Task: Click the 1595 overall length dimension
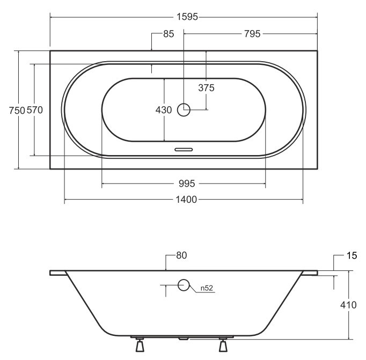(x=187, y=17)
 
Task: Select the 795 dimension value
(x=252, y=34)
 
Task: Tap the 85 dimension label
(x=169, y=34)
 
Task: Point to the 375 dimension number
(x=206, y=88)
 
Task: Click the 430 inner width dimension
(x=164, y=110)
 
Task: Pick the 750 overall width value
(x=17, y=111)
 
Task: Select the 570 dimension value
(x=35, y=110)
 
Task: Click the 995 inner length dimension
(x=187, y=183)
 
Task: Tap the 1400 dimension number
(x=186, y=200)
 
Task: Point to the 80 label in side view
(x=181, y=255)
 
